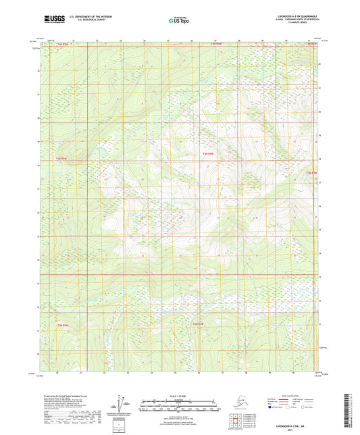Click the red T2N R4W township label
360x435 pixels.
click(x=198, y=324)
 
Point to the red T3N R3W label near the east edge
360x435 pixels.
click(x=311, y=174)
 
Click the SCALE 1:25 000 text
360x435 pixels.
click(x=179, y=396)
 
